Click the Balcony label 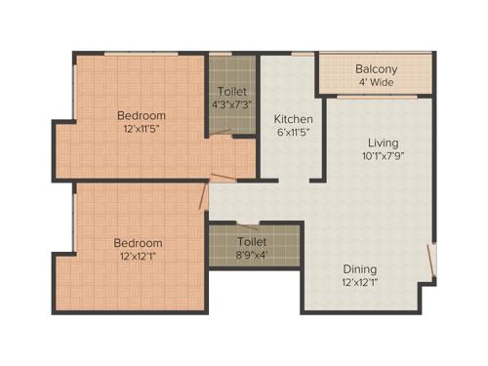click(x=376, y=69)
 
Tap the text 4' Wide click(x=376, y=83)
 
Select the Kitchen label click(x=292, y=119)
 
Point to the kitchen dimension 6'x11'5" click(x=292, y=133)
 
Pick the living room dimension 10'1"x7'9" click(x=376, y=156)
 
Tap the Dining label click(x=360, y=268)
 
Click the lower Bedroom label click(x=138, y=242)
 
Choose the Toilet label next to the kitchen click(x=230, y=90)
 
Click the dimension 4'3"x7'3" click(x=230, y=103)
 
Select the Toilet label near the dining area click(x=253, y=241)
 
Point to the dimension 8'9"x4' click(x=253, y=255)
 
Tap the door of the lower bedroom click(x=202, y=198)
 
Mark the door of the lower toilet click(x=248, y=224)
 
